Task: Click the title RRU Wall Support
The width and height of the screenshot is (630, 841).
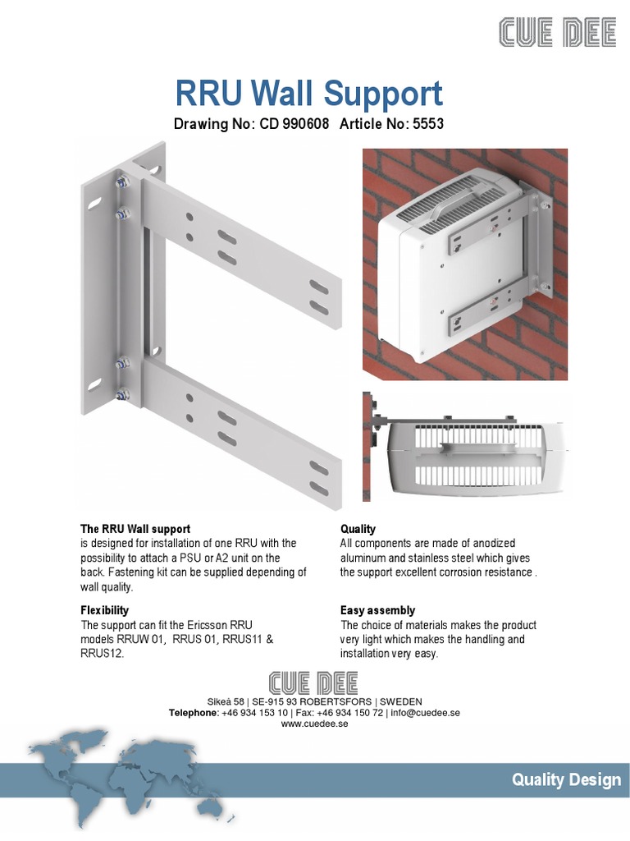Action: (x=309, y=94)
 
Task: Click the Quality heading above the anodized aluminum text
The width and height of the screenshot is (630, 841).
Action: (x=358, y=529)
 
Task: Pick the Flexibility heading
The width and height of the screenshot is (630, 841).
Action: (x=104, y=610)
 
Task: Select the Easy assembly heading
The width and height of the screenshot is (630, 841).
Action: (x=377, y=610)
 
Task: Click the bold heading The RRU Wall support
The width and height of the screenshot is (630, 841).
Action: (x=135, y=529)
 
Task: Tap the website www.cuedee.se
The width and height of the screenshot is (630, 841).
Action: (x=315, y=724)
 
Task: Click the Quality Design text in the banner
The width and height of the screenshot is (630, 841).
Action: (x=566, y=780)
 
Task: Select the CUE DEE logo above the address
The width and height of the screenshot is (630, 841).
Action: (x=315, y=682)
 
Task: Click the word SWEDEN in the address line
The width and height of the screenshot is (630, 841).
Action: (x=401, y=701)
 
